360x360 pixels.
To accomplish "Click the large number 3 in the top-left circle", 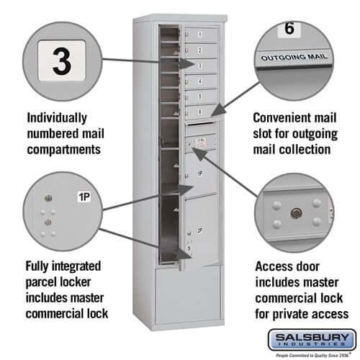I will click(63, 61).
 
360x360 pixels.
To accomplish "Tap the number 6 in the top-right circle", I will click(288, 30).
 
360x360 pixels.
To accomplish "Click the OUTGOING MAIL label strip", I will click(294, 56).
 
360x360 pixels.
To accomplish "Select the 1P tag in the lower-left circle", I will click(84, 197).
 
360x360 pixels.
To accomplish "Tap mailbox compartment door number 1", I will click(201, 34).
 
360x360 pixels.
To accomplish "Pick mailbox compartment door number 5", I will click(201, 95).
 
